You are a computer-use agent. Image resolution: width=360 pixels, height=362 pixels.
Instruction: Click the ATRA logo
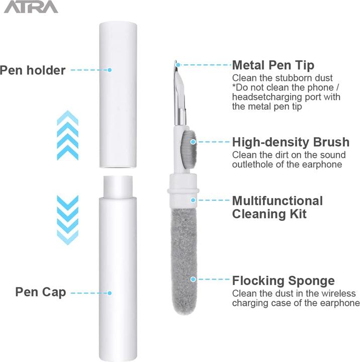click(x=31, y=7)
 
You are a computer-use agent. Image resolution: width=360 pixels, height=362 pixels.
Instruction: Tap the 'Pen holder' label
click(x=33, y=70)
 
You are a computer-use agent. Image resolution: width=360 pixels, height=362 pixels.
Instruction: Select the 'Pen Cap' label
click(x=41, y=292)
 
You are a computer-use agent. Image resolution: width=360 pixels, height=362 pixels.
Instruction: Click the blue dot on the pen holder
click(x=110, y=70)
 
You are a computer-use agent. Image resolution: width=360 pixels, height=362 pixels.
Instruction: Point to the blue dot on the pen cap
click(x=110, y=293)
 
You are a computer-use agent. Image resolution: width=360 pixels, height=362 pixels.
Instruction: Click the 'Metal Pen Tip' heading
click(x=273, y=65)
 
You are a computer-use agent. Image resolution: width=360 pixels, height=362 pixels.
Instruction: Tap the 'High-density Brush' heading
click(x=291, y=142)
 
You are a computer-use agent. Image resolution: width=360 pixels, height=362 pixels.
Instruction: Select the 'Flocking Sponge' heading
click(x=284, y=281)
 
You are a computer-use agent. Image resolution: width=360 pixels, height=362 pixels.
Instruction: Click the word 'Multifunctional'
click(x=278, y=201)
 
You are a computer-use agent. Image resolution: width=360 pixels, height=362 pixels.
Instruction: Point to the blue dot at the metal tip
click(x=177, y=65)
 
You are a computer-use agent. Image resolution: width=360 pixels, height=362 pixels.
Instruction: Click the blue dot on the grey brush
click(x=193, y=141)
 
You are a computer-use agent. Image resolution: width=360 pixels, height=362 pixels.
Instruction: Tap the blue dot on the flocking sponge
click(x=193, y=280)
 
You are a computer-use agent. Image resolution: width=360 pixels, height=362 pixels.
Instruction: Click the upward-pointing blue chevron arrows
click(x=68, y=135)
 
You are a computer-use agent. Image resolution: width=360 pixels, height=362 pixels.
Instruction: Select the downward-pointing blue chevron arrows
click(x=68, y=220)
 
